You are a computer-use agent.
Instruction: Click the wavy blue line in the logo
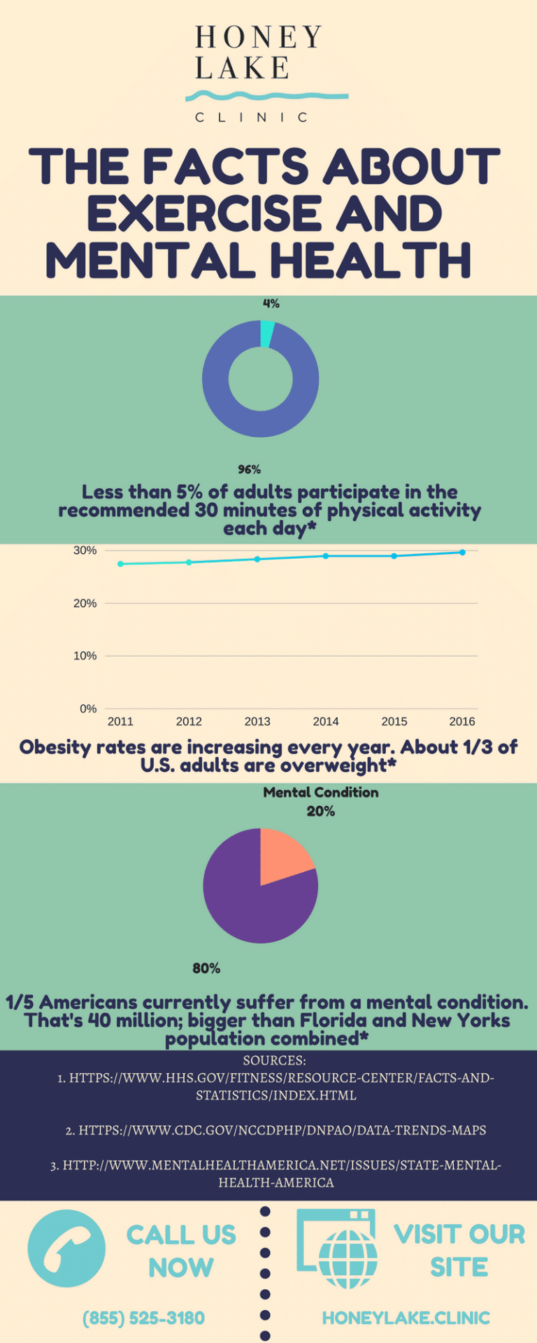(x=266, y=96)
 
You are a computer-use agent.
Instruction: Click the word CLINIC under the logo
(x=251, y=118)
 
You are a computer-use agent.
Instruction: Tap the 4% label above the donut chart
(x=271, y=304)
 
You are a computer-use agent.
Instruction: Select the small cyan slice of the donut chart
(x=266, y=334)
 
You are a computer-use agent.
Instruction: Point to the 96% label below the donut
(x=249, y=469)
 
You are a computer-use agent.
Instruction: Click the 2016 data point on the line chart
(x=462, y=553)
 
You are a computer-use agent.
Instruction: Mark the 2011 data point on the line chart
(x=120, y=564)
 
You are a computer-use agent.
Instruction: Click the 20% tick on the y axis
(x=85, y=603)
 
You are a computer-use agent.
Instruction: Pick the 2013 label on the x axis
(x=257, y=721)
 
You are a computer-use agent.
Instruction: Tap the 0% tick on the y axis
(x=88, y=709)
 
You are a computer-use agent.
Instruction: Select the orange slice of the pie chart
(x=282, y=857)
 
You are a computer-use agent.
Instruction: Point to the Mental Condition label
(x=321, y=793)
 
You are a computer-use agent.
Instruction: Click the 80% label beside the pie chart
(x=206, y=968)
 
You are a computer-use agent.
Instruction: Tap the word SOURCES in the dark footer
(x=274, y=1060)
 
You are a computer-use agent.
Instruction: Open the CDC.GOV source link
(x=275, y=1130)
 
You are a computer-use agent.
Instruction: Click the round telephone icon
(x=66, y=1249)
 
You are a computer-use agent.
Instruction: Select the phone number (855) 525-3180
(x=143, y=1318)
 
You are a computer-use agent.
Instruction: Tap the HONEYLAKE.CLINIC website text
(x=406, y=1318)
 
